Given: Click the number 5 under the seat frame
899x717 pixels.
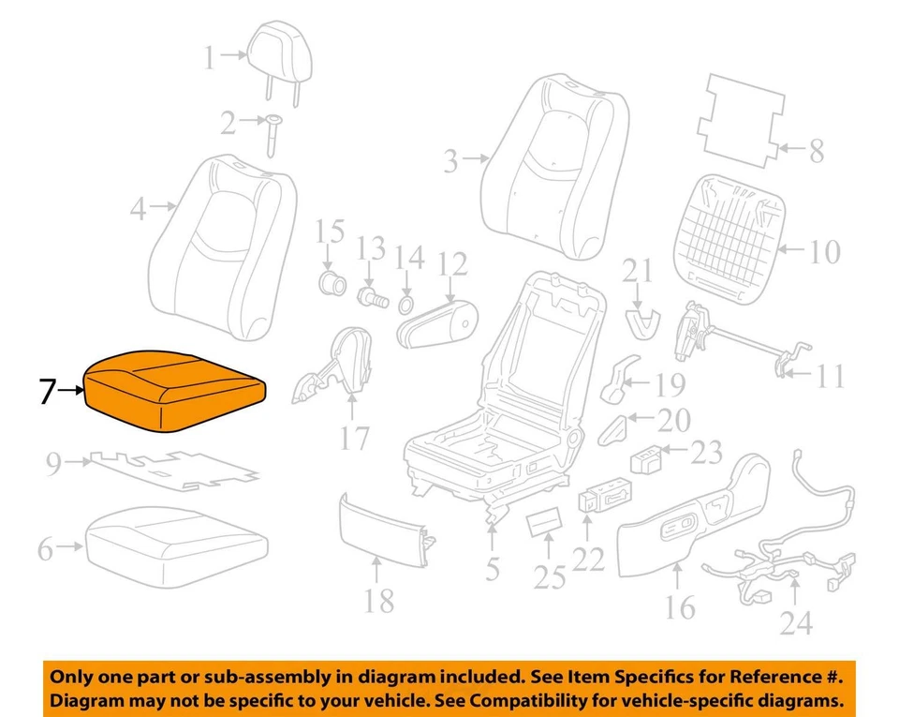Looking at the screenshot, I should (493, 568).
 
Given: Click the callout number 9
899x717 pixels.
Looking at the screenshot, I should (53, 462).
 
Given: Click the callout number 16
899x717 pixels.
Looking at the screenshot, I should (680, 606).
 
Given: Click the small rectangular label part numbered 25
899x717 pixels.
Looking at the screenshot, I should (542, 522).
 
